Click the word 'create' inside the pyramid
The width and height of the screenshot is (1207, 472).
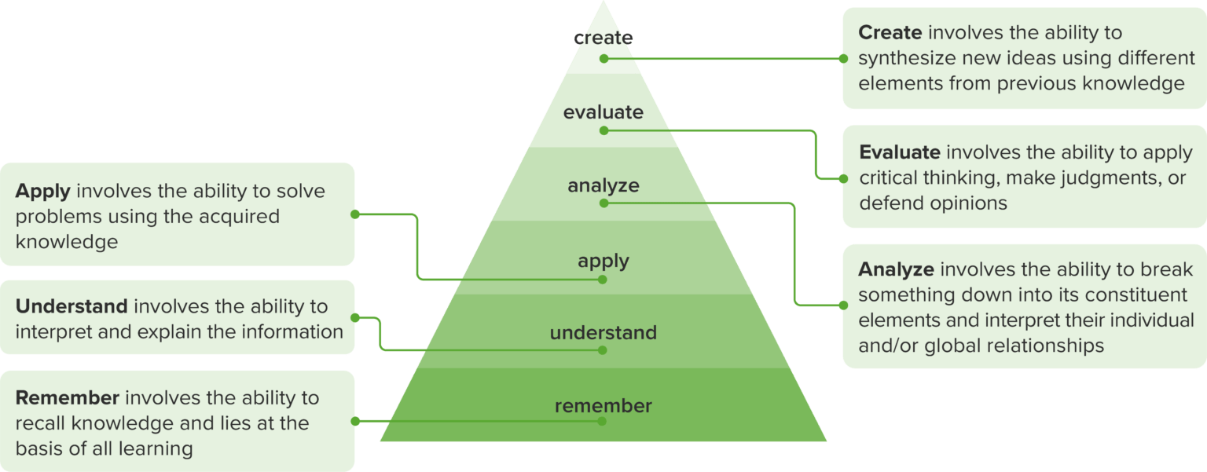pos(603,38)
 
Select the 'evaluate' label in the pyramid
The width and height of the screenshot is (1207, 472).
pos(603,112)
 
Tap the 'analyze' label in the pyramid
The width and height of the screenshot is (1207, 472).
pos(603,186)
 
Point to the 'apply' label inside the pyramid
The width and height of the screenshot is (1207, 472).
pos(603,260)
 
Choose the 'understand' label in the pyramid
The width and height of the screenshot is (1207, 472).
pos(603,333)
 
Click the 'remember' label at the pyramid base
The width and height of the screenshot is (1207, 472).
pos(603,406)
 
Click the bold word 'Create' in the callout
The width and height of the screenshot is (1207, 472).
pos(890,33)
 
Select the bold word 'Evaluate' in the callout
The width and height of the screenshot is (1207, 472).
pos(899,152)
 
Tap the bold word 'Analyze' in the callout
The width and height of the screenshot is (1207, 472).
pos(896,270)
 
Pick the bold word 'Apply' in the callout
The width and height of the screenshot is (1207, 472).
pos(43,192)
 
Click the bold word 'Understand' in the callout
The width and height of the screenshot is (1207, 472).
pos(72,306)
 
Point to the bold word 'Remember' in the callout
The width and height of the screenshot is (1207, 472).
pos(68,398)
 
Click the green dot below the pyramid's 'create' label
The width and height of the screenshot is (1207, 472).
pos(603,58)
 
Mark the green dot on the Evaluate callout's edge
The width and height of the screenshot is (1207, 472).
pos(843,178)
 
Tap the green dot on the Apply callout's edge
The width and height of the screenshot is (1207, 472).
pos(354,214)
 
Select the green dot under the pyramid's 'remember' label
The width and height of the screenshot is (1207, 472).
pos(603,421)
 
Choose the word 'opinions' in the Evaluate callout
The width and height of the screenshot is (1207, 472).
pos(969,203)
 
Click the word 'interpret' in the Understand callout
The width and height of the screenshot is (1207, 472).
pos(50,331)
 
